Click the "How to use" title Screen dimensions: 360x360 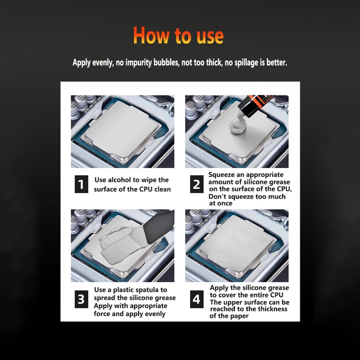178,36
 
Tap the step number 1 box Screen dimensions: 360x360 81,184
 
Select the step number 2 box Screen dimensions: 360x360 196,184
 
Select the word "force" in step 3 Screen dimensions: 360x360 103,314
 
